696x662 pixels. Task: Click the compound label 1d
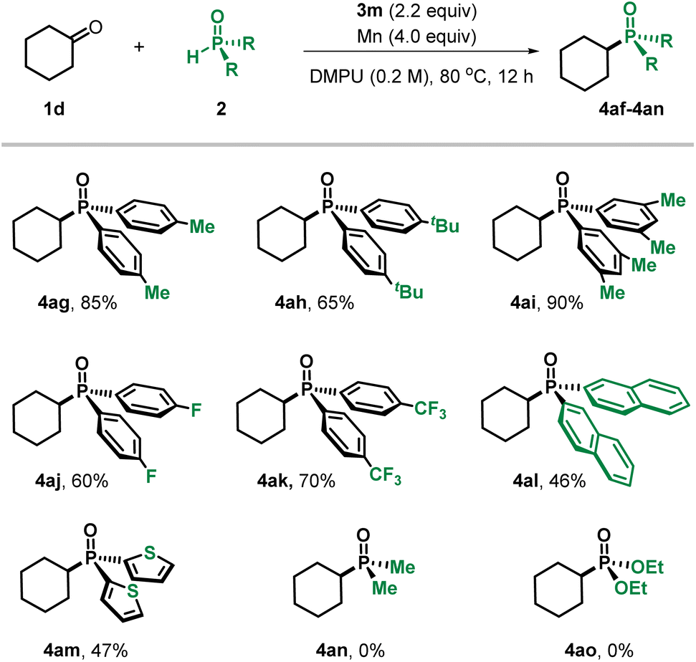coord(54,108)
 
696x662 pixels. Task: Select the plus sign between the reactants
coord(139,47)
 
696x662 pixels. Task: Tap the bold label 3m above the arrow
coord(369,11)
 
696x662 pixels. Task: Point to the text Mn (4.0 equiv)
coord(416,36)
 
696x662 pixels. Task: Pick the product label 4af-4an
coord(631,108)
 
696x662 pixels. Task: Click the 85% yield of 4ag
coord(98,303)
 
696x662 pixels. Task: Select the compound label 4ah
coord(290,303)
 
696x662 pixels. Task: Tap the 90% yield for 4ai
coord(565,303)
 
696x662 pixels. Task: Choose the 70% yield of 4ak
coord(317,481)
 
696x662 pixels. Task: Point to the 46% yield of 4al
coord(567,481)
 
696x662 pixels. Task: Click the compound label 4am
coord(62,651)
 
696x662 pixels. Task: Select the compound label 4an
coord(332,651)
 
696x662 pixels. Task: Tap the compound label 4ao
coord(580,651)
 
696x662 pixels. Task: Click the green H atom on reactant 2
coord(193,57)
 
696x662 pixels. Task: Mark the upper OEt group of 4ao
coord(647,567)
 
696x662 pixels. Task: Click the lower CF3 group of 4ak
coord(385,476)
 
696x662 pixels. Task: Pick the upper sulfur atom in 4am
coord(150,553)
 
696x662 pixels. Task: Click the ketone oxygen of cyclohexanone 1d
coord(95,27)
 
